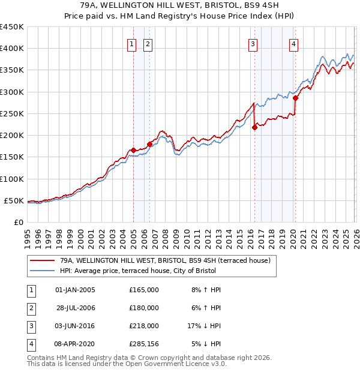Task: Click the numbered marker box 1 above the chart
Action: point(131,43)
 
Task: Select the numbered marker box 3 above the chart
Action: point(253,43)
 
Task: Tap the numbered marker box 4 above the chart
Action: point(294,43)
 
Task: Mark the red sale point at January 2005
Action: point(133,150)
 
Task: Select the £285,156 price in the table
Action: point(144,344)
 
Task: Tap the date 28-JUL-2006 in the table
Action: point(75,308)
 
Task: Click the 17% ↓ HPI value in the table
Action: point(204,326)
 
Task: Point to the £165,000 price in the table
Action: point(144,290)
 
